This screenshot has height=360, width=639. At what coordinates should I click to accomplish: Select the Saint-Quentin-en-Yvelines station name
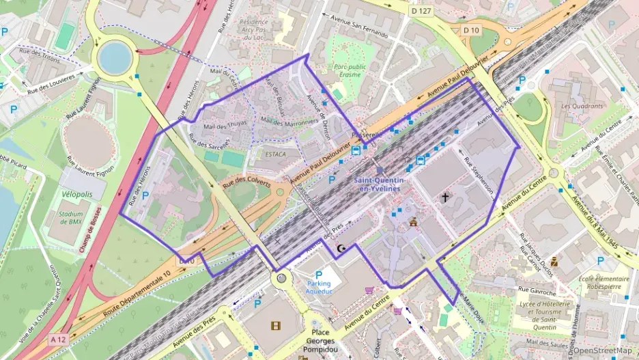point(379,184)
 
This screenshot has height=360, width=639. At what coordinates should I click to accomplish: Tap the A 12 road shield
point(59,340)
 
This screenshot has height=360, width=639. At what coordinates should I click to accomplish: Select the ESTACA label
point(275,154)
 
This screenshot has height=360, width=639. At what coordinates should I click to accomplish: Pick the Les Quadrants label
point(582,106)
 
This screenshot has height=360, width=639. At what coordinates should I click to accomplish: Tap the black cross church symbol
point(445,197)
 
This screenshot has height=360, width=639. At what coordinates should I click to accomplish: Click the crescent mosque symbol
point(342,249)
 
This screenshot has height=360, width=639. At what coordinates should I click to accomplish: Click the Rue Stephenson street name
point(479,175)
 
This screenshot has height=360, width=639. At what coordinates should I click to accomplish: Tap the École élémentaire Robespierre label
point(603,283)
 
